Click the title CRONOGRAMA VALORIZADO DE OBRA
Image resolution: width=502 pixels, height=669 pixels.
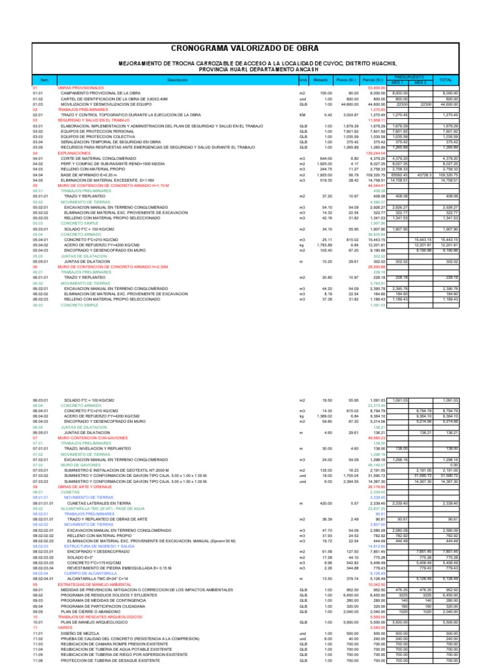[x=251, y=48]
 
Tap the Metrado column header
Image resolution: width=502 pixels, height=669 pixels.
[x=320, y=80]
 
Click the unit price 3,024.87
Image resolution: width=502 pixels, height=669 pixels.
[x=348, y=115]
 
